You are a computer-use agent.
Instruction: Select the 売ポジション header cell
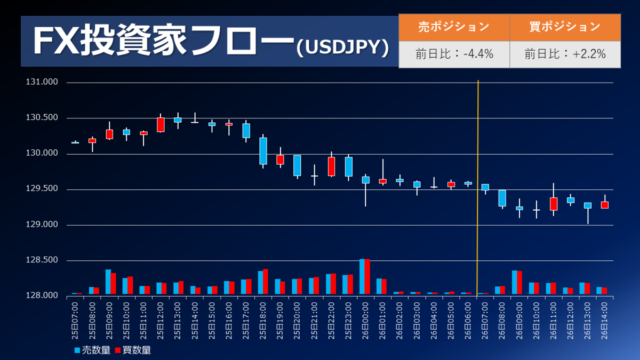pyautogui.click(x=454, y=27)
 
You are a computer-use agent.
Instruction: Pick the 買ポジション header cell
pyautogui.click(x=565, y=27)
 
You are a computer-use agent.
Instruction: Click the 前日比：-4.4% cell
pyautogui.click(x=454, y=54)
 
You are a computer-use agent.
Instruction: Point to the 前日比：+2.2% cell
pyautogui.click(x=565, y=54)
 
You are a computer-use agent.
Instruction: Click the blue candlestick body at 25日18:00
pyautogui.click(x=263, y=151)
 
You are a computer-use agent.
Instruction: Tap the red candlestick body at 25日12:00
pyautogui.click(x=161, y=124)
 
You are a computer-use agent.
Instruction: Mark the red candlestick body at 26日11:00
pyautogui.click(x=554, y=204)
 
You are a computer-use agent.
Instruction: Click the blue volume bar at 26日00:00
pyautogui.click(x=362, y=276)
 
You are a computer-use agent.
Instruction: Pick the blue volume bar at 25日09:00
pyautogui.click(x=108, y=282)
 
